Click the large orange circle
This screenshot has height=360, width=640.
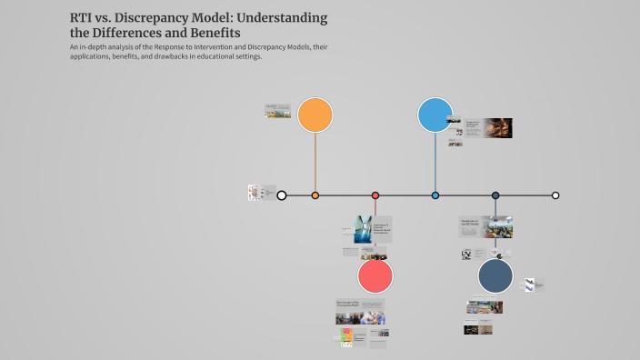click(315, 115)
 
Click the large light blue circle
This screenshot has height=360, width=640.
click(435, 115)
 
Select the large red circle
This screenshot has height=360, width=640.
click(375, 275)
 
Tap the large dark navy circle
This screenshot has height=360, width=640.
click(495, 275)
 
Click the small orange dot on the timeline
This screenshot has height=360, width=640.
click(315, 195)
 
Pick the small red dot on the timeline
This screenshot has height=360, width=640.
click(375, 195)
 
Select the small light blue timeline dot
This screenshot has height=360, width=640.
click(435, 195)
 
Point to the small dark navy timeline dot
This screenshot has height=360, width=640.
click(495, 195)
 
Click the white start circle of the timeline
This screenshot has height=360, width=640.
click(282, 195)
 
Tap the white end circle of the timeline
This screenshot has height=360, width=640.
click(555, 195)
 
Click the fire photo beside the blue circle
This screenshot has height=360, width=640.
click(496, 128)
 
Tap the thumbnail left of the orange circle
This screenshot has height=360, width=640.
click(277, 111)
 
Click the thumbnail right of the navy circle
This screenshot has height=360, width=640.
click(534, 285)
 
